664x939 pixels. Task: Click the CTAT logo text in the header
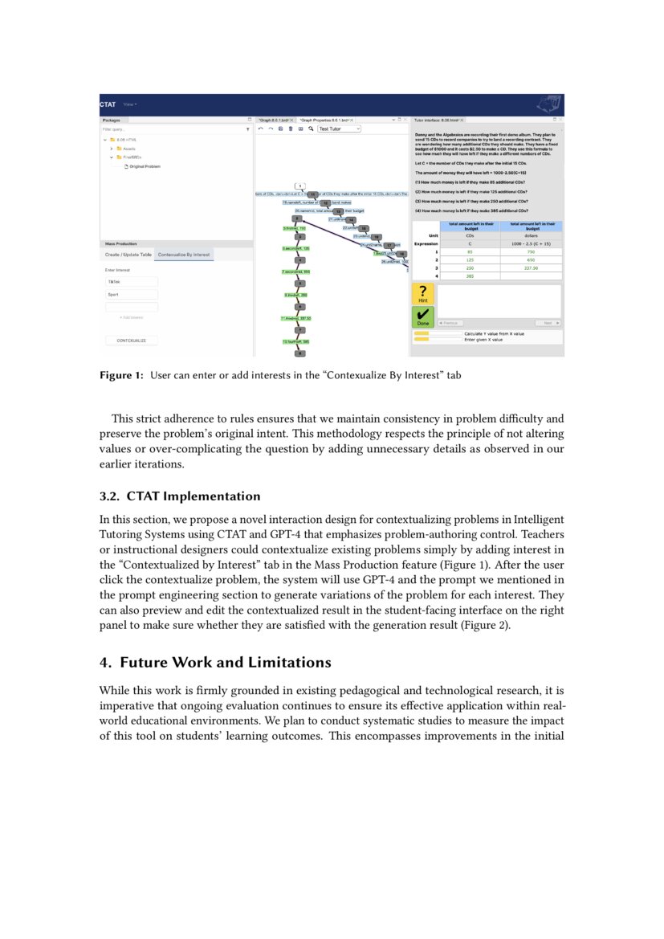108,104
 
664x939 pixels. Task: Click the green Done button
423,316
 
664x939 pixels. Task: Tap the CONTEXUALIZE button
132,341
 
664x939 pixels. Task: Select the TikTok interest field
132,282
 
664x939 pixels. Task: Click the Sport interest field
132,295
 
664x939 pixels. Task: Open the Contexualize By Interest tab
184,255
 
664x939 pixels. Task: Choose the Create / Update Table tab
128,255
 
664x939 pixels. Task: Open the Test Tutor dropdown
339,129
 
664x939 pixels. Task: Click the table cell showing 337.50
531,268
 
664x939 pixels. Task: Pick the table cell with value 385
470,276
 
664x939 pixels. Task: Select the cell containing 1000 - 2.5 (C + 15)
531,243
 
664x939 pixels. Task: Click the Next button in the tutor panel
548,323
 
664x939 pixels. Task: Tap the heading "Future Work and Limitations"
214,663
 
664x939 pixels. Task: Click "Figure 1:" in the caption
120,375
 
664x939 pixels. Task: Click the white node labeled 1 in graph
299,186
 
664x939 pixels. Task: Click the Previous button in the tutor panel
449,323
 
